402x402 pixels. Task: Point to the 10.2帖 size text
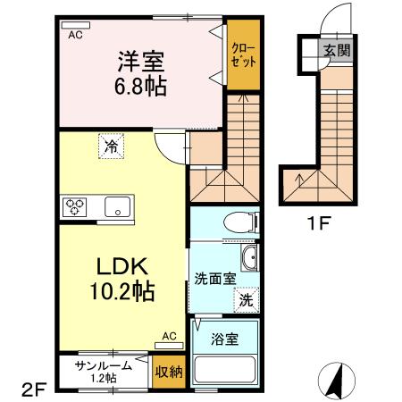(x=123, y=290)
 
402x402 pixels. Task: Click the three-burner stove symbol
(x=74, y=207)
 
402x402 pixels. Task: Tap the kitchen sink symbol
(x=116, y=207)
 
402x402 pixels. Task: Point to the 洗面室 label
(x=214, y=278)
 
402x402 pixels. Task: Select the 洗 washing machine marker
(x=246, y=301)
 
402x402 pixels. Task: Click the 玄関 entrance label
(x=337, y=50)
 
